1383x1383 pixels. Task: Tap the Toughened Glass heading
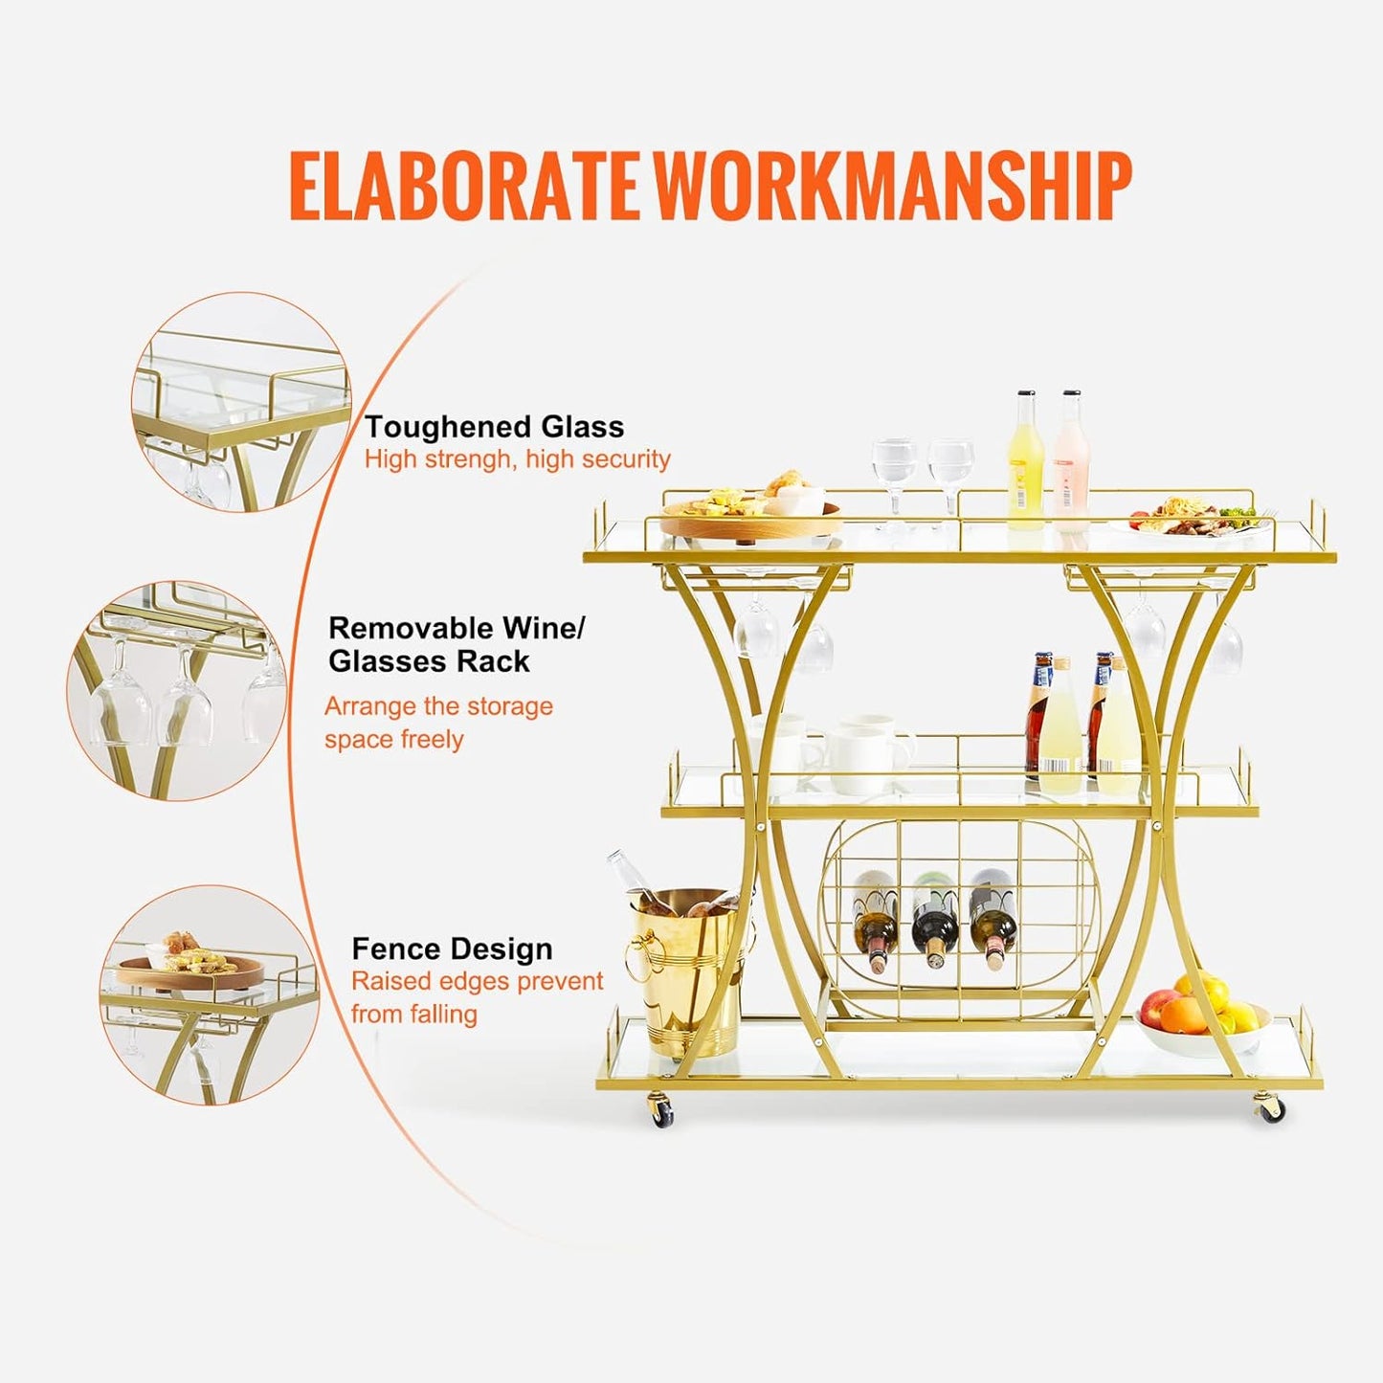pyautogui.click(x=494, y=427)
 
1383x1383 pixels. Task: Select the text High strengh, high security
pyautogui.click(x=517, y=459)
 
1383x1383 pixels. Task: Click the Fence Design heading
pyautogui.click(x=452, y=948)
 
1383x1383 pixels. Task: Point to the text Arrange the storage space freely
pyautogui.click(x=438, y=723)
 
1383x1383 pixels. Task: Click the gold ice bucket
pyautogui.click(x=687, y=971)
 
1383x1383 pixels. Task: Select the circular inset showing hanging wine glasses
pyautogui.click(x=177, y=690)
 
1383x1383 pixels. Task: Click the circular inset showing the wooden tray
pyautogui.click(x=210, y=994)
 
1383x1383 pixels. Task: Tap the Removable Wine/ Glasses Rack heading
pyautogui.click(x=456, y=644)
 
